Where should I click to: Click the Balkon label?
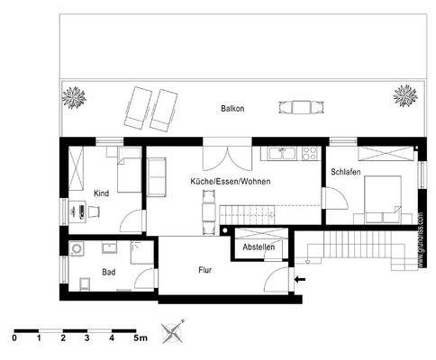coord(232,109)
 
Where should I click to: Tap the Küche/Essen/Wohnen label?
coord(231,182)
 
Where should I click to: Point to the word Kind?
coord(101,193)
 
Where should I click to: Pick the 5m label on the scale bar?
coord(140,339)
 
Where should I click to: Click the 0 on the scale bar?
coord(14,339)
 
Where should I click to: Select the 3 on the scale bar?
coord(86,339)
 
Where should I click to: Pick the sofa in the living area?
coord(157,177)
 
